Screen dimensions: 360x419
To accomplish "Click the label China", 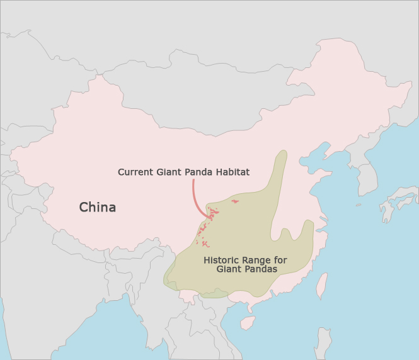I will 97,207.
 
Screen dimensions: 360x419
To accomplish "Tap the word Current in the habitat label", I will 134,172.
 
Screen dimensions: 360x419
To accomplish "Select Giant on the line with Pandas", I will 229,269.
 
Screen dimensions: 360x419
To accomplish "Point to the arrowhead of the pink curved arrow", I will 210,218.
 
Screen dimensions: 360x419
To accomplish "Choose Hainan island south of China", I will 248,323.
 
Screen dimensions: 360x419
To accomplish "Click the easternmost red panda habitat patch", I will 235,201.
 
